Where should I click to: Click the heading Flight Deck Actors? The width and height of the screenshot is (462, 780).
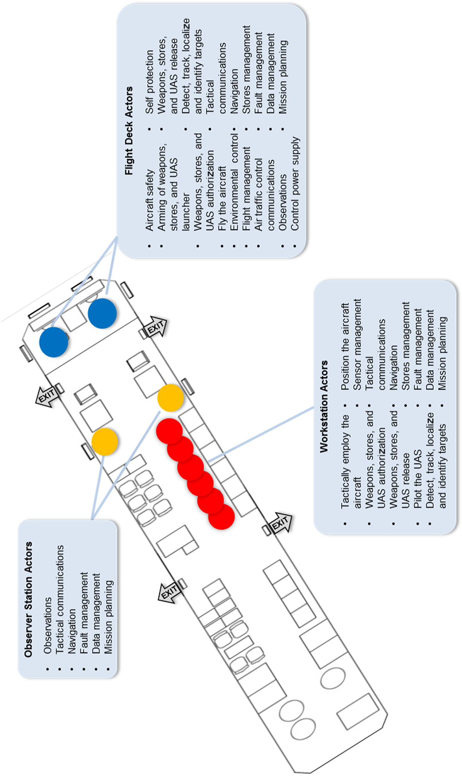129,131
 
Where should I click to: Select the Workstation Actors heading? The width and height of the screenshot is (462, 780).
324,406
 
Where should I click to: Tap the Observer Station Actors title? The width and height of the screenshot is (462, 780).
28,600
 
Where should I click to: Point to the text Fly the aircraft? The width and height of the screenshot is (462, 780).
222,199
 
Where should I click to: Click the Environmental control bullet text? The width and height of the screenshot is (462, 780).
234,183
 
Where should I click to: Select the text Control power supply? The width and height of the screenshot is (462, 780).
295,184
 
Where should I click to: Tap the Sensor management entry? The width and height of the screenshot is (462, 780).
357,345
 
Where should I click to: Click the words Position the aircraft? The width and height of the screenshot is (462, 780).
345,347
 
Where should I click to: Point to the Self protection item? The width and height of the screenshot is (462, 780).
150,82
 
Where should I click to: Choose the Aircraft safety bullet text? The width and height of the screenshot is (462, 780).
150,200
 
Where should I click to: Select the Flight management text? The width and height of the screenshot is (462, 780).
246,189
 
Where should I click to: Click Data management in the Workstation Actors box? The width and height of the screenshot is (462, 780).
430,350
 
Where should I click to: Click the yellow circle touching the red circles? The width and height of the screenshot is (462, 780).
170,398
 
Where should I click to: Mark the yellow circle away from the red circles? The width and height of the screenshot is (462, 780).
105,441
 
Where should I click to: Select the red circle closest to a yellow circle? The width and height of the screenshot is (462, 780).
169,431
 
